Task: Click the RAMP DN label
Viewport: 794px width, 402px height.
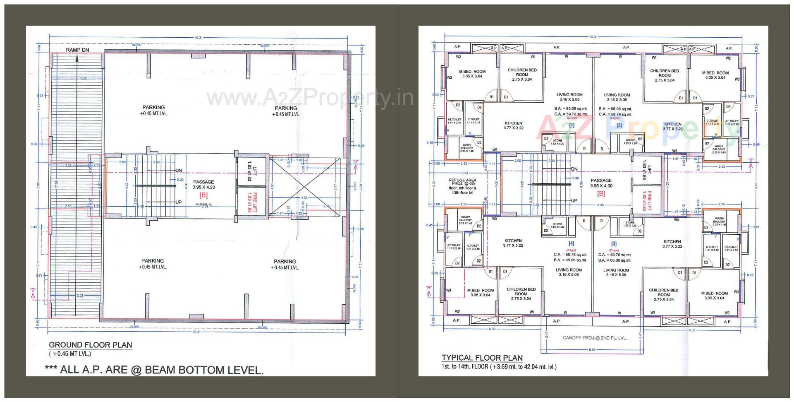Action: click(x=77, y=50)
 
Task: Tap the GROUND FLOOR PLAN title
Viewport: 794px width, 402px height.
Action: click(x=91, y=345)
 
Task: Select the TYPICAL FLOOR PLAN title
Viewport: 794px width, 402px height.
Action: click(x=482, y=358)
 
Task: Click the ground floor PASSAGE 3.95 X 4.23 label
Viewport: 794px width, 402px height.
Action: click(x=203, y=185)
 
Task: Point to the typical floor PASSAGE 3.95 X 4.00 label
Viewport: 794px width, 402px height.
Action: click(x=601, y=183)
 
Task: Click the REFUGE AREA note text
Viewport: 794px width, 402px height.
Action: click(x=462, y=187)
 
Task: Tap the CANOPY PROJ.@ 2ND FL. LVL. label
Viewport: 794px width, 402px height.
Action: click(x=594, y=338)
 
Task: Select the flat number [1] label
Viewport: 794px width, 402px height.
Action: click(x=572, y=125)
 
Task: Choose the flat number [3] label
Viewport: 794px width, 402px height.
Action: click(x=614, y=244)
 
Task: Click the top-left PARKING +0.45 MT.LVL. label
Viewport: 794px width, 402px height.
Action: click(x=153, y=110)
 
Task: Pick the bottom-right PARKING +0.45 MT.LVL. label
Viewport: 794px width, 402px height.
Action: click(x=285, y=264)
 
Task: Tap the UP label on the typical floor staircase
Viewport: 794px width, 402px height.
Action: click(x=574, y=200)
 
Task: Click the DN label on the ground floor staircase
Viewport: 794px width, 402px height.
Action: click(x=179, y=171)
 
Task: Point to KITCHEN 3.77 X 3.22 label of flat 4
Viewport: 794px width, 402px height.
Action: click(x=513, y=243)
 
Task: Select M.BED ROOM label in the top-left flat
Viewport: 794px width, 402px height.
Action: click(x=472, y=74)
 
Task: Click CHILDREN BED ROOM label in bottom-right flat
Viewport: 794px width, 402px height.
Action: click(x=663, y=295)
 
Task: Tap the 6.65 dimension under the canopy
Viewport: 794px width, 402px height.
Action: click(x=592, y=350)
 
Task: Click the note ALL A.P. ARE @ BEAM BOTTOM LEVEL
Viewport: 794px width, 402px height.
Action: click(x=154, y=370)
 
